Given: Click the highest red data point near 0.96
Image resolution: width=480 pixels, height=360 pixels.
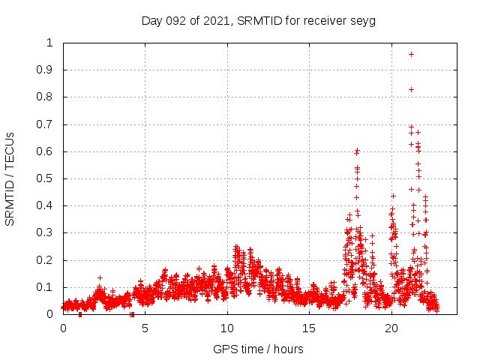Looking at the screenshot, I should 411,54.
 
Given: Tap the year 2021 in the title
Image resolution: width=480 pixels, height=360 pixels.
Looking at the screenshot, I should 216,21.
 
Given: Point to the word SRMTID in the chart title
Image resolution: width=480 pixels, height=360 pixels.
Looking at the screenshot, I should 259,21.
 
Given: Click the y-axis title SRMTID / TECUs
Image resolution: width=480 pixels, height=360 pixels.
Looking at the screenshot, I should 10,178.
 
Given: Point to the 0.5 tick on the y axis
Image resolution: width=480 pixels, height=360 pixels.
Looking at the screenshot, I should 50,178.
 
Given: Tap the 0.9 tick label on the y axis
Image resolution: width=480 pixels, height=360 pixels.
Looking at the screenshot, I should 50,70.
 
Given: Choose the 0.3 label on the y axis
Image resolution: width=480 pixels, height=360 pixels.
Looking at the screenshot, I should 50,233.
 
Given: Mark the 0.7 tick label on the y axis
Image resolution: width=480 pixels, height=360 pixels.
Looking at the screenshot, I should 50,124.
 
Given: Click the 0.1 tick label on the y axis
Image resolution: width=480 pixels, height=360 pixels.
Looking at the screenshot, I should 50,287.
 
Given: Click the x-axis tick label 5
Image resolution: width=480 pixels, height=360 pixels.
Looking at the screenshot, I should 145,328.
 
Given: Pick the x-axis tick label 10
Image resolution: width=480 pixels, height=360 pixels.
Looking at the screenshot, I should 227,328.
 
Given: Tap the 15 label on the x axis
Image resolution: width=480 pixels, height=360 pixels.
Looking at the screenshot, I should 310,328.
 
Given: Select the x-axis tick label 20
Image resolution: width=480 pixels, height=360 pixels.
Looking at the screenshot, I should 391,328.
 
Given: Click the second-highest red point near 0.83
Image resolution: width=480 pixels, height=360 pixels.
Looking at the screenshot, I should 411,89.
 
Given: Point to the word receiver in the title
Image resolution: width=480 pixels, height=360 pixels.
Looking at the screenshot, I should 323,21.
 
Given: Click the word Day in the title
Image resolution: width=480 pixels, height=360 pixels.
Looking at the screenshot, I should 151,21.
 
